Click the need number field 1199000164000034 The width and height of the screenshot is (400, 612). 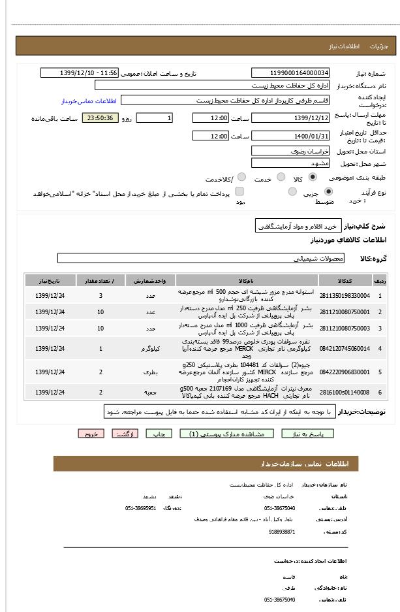point(290,73)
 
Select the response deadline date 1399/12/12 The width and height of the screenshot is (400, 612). point(290,118)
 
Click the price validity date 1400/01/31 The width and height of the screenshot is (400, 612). point(290,136)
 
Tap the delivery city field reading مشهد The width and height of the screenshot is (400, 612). point(290,163)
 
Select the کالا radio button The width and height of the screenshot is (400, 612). point(313,177)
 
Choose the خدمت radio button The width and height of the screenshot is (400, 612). point(281,177)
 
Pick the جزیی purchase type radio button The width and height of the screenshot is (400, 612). point(328,191)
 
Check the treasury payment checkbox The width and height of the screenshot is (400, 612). point(239,191)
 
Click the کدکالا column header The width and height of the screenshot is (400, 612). point(345,280)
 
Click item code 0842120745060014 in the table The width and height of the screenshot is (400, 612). point(345,349)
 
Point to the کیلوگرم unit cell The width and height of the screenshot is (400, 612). point(150,349)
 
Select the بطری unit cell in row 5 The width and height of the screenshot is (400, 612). point(150,372)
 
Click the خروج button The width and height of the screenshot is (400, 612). point(91,434)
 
